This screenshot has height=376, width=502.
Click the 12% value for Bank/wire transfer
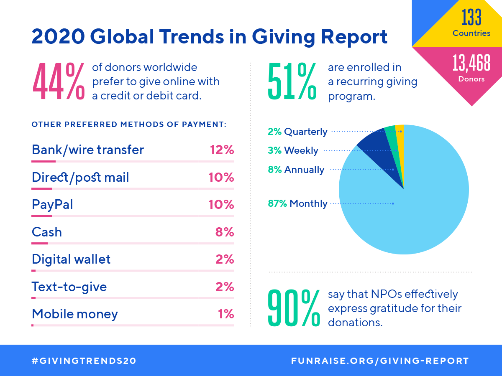pos(222,150)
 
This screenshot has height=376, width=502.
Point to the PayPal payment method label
pos(52,205)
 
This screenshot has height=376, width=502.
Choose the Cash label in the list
pos(47,232)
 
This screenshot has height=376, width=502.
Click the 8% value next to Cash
pos(224,232)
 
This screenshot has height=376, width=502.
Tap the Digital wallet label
pos(71,259)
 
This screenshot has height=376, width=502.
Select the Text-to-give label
pos(69,287)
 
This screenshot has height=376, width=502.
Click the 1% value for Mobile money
pos(226,314)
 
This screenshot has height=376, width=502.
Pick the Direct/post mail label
pos(80,178)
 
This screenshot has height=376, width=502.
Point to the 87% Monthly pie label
pos(297,203)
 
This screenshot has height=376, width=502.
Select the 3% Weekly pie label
pos(293,150)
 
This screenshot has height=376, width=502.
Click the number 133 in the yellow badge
pos(471,18)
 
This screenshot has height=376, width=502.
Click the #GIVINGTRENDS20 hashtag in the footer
pos(84,361)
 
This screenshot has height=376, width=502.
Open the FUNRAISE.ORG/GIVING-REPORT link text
pos(380,361)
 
